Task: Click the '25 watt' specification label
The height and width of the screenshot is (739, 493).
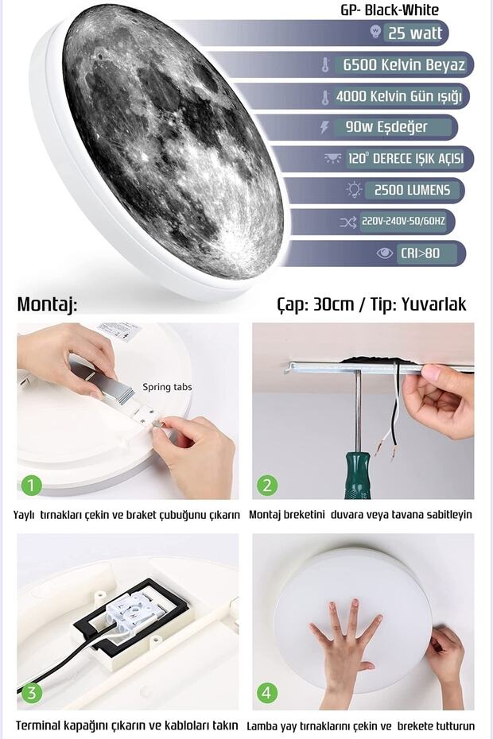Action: coord(414,33)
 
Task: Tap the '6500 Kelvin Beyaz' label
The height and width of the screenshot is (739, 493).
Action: coord(404,64)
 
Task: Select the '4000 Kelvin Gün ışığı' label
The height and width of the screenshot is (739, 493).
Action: coord(398,96)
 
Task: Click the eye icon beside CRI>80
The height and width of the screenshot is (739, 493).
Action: coord(385,253)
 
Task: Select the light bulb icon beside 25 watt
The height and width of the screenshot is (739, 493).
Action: coord(375,33)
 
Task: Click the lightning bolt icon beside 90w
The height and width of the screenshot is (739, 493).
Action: coord(324,127)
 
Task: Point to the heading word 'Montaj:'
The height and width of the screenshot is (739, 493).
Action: coord(47,304)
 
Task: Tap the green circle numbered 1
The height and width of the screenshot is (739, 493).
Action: coord(30,485)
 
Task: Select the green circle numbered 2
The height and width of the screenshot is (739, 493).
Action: coord(266,485)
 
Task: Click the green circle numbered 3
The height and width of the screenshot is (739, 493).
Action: coord(30,693)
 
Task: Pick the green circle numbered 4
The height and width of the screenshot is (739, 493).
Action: coord(266,693)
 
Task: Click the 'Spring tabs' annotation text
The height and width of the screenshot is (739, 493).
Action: coord(167,387)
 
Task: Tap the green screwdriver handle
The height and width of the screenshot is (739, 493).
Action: coord(359,474)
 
